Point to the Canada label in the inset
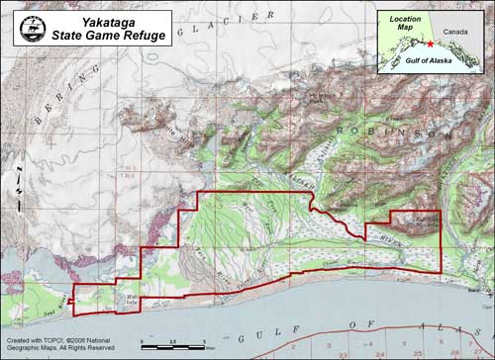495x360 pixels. point(459,33)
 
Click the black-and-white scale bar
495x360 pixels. point(174,347)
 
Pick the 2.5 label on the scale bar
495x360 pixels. point(174,339)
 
